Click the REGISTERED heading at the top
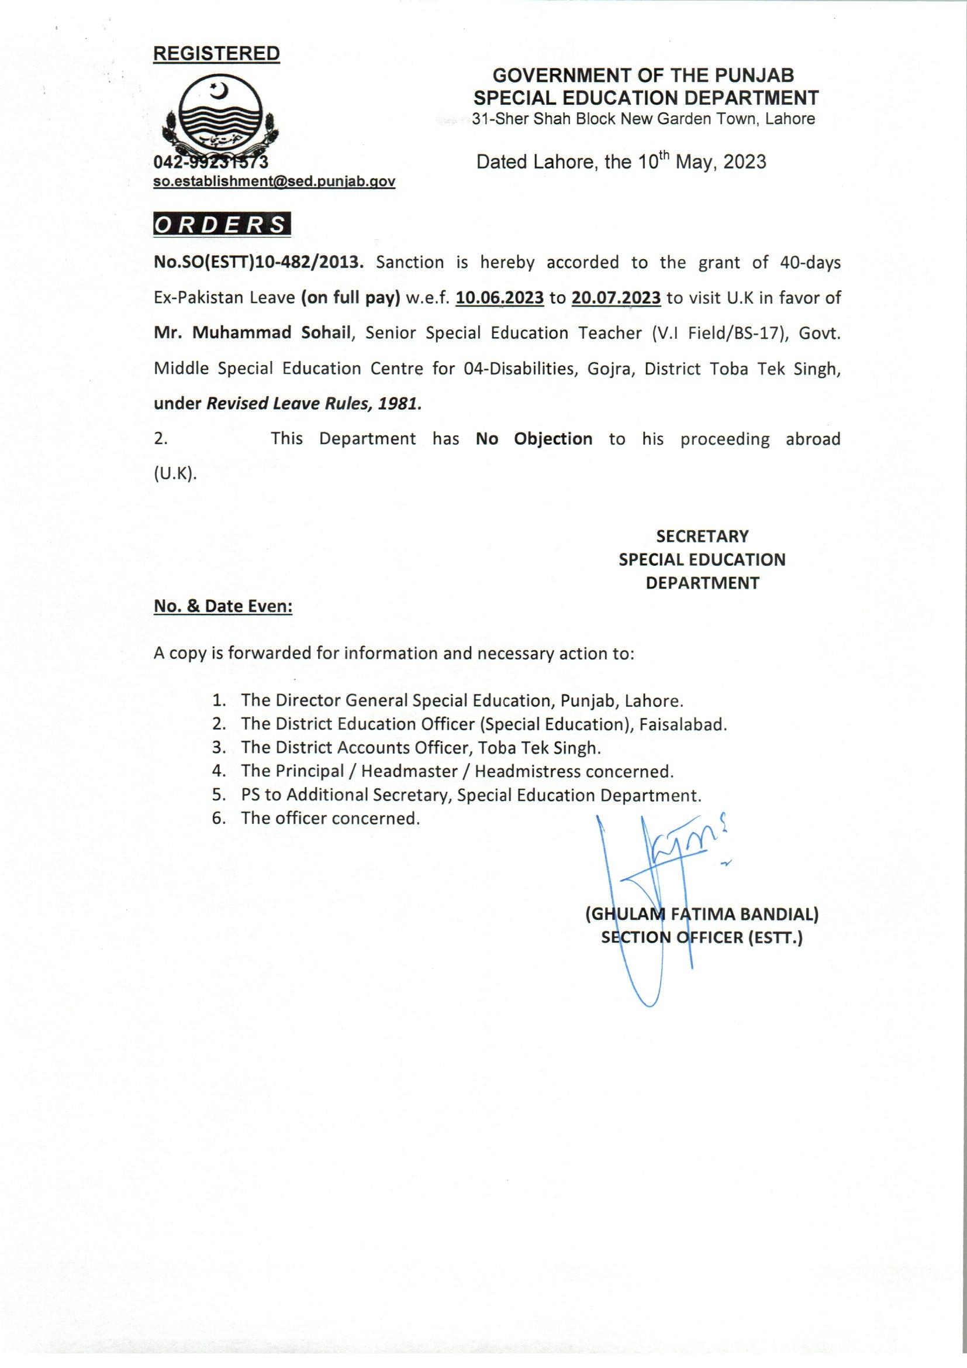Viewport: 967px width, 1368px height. (217, 53)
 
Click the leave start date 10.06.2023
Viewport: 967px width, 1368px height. (499, 298)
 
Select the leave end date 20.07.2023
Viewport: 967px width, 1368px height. (616, 298)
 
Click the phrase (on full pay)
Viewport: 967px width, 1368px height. (350, 298)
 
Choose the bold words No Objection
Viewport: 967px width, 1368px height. (534, 439)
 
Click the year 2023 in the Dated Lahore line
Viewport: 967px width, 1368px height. (744, 162)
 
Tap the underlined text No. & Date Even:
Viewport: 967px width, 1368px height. (223, 607)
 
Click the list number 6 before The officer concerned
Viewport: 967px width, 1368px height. (219, 818)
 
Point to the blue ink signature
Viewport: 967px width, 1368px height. (655, 882)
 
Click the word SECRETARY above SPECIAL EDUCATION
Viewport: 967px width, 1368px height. (702, 536)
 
